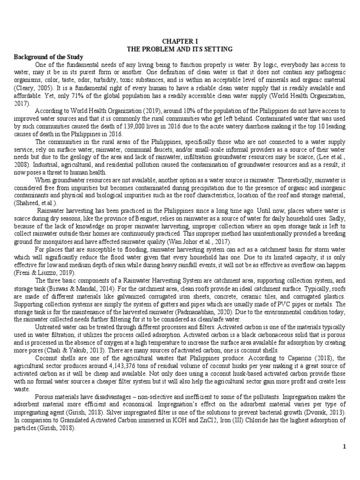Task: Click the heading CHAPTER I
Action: tap(180, 41)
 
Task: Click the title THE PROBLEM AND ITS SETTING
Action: tap(180, 48)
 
